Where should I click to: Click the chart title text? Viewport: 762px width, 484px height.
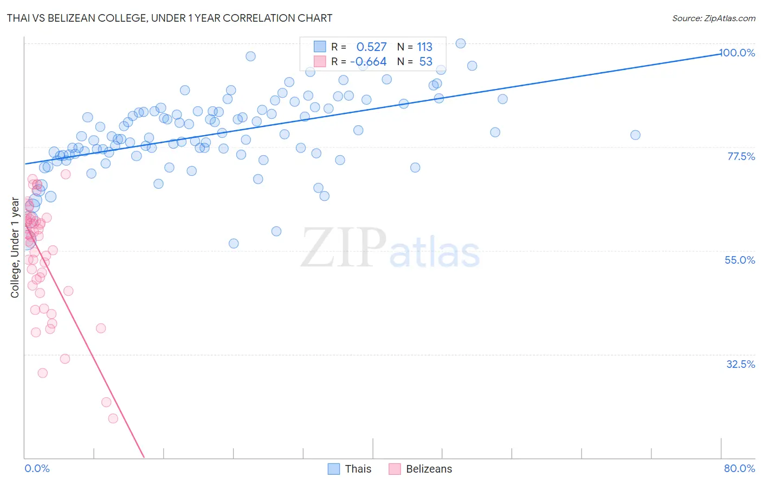170,18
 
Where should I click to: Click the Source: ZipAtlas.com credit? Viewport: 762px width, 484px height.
713,18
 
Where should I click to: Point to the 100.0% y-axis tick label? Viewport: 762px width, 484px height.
737,53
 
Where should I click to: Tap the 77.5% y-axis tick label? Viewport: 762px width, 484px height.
741,156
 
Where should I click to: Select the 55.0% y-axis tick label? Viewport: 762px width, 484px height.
740,260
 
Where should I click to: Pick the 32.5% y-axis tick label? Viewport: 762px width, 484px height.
740,364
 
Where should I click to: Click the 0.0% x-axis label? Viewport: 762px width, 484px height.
37,468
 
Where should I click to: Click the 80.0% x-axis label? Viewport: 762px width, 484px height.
739,468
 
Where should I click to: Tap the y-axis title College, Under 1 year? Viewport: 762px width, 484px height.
15,248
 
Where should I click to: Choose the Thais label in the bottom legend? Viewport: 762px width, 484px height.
358,469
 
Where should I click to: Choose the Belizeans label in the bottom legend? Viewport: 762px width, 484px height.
429,469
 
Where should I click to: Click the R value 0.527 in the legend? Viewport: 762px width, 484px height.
371,47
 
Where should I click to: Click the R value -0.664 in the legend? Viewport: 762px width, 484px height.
369,62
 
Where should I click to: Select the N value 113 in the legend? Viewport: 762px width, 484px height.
424,47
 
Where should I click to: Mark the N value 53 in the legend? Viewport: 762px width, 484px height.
425,62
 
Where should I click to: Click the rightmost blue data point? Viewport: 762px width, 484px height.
635,135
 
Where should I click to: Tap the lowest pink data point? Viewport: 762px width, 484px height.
113,418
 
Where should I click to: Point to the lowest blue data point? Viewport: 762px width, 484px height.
234,244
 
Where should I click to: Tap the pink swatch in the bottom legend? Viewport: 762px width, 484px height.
395,469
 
